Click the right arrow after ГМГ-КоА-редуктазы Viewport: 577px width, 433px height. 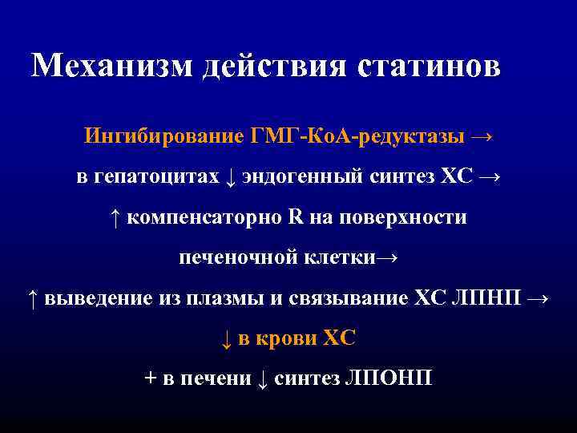(x=482, y=136)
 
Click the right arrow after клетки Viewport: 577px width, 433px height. (x=387, y=258)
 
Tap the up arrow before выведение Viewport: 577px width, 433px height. (x=31, y=299)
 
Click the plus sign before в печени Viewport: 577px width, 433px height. (x=150, y=379)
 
